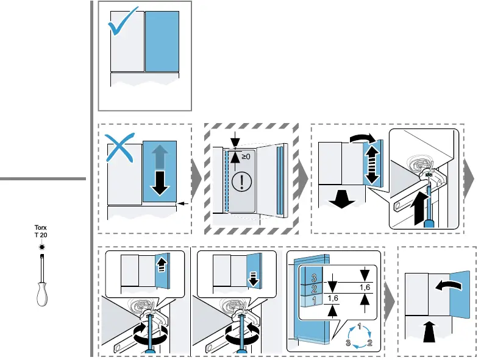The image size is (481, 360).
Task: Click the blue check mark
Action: (x=124, y=25)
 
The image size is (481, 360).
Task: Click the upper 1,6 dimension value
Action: (x=365, y=287)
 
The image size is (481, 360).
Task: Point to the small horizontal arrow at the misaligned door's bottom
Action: (x=181, y=203)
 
